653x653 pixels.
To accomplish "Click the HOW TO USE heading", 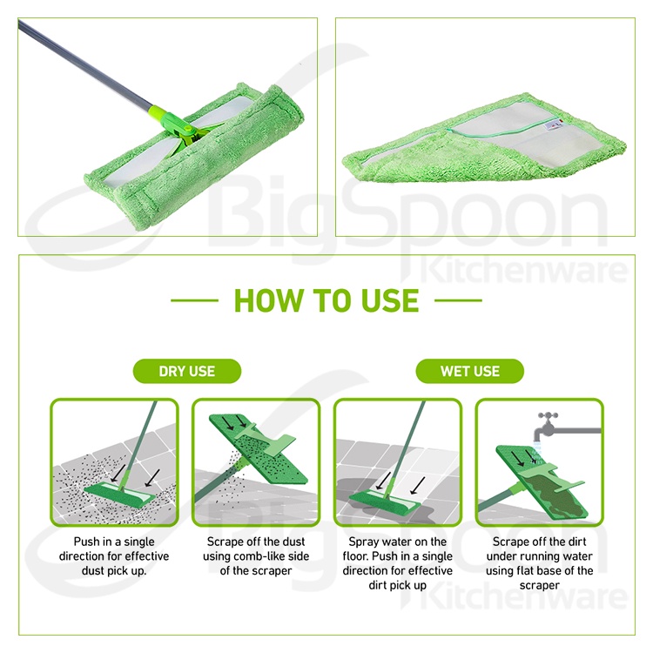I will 326,300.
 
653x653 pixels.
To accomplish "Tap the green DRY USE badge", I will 186,371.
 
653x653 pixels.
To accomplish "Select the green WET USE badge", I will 469,371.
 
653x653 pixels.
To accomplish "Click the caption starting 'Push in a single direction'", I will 115,556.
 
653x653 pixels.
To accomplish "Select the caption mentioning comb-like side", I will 256,556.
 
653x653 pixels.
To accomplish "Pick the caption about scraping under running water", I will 538,563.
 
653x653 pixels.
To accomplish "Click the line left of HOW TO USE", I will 194,301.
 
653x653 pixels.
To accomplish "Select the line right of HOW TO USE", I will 458,301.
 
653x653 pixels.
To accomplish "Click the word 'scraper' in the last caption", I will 538,585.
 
